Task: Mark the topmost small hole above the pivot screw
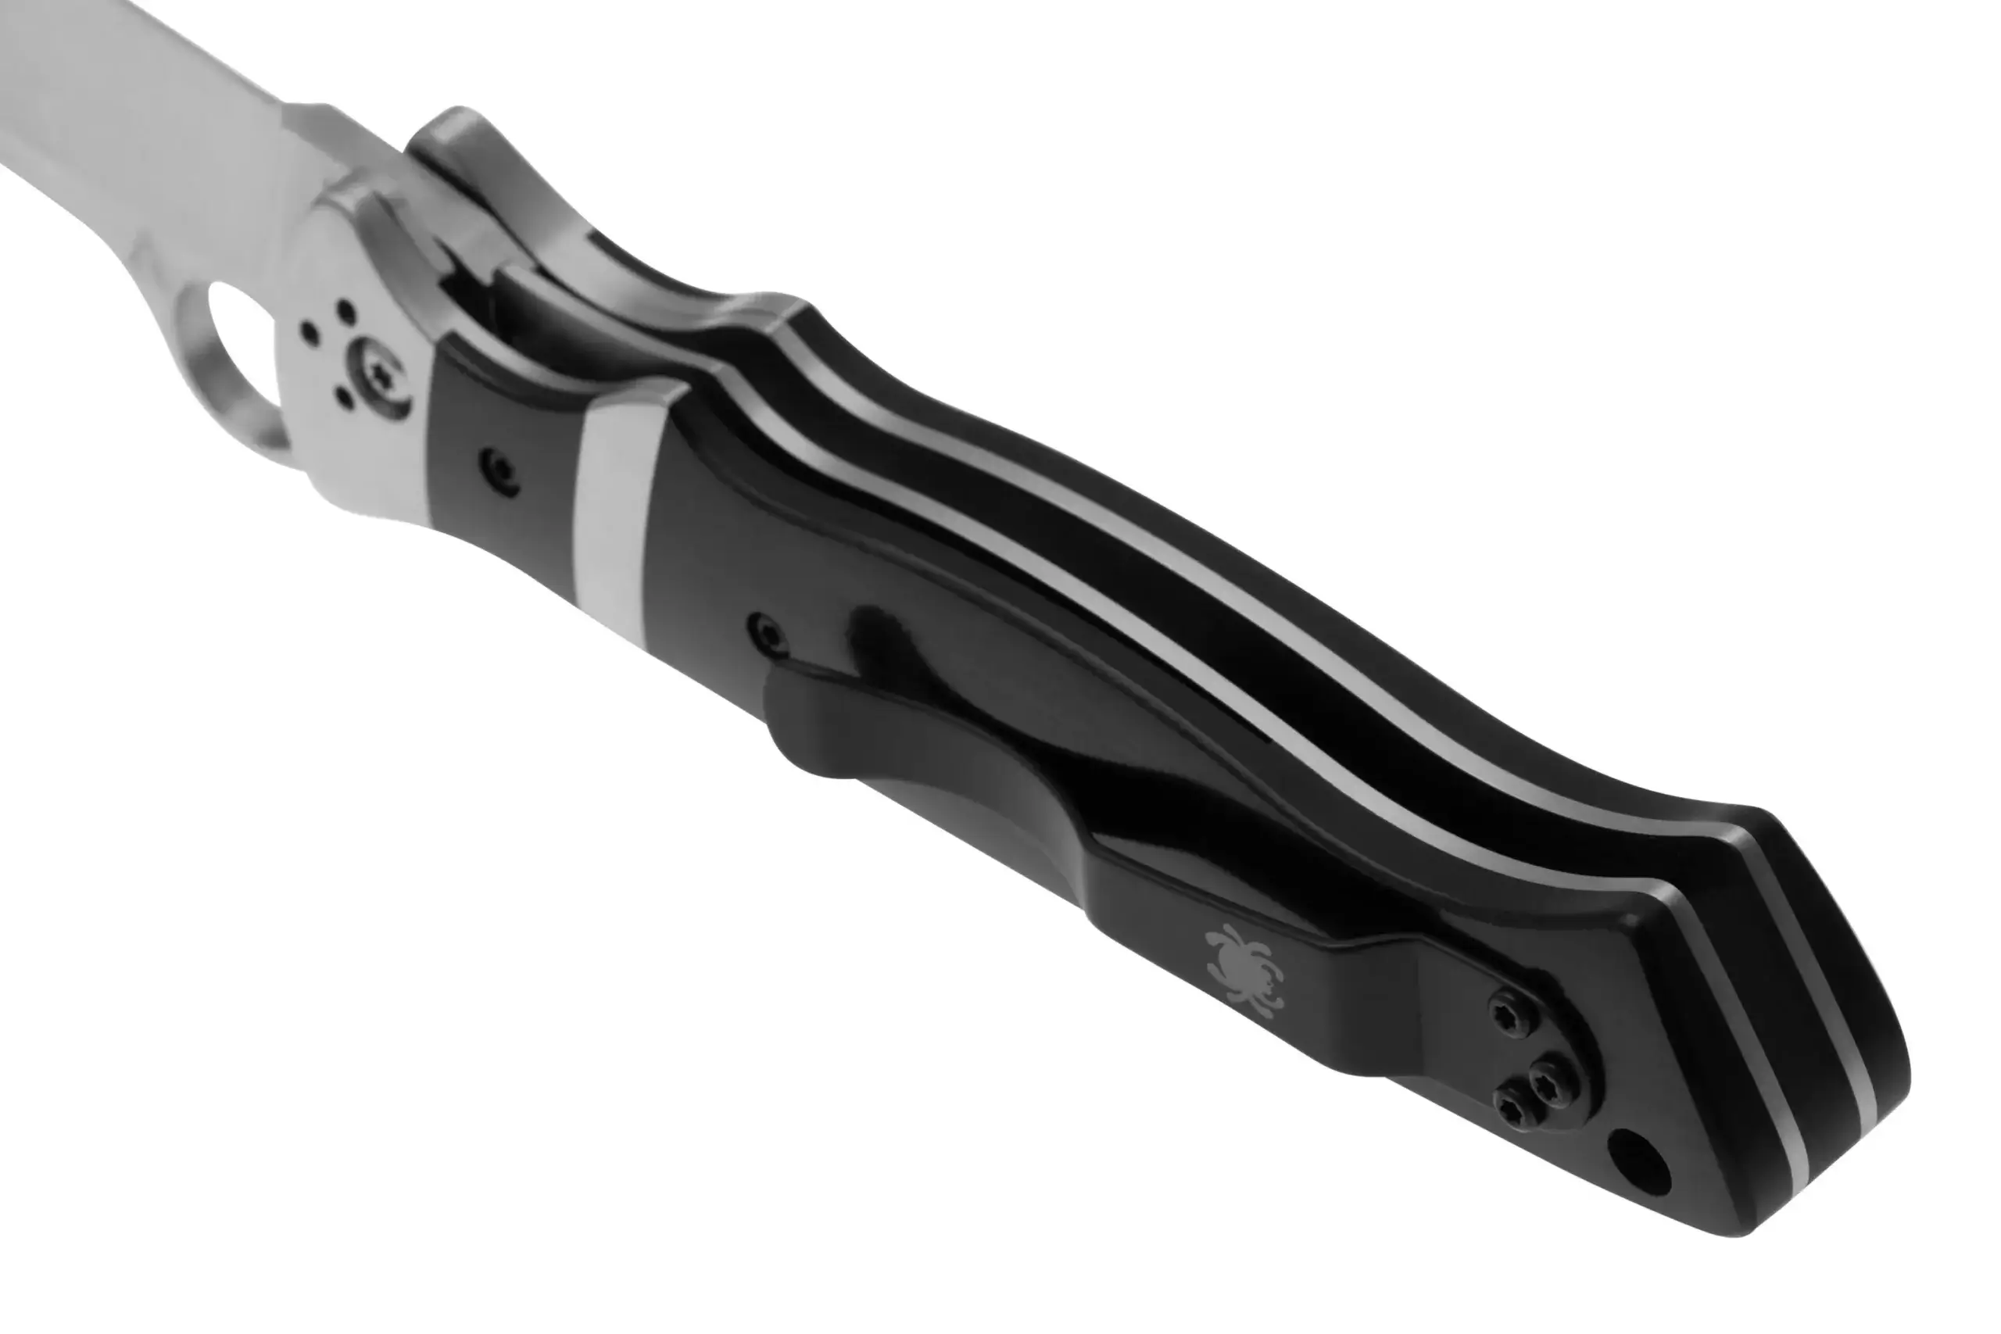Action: tap(345, 308)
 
